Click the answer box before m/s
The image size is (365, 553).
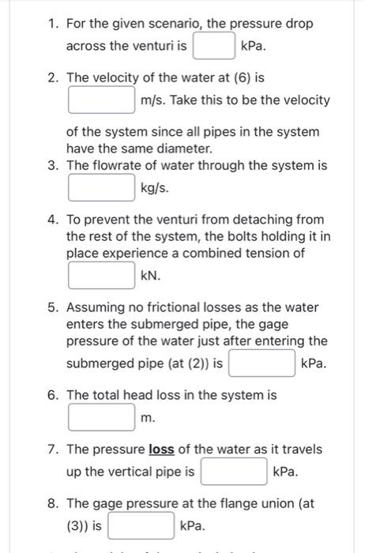pos(100,100)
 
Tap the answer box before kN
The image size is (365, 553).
pos(100,276)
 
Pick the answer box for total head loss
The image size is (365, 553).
pos(100,416)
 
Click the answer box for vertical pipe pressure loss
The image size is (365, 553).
pos(234,472)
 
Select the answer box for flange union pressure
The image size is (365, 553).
pos(141,525)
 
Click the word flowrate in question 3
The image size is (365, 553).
pos(118,166)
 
